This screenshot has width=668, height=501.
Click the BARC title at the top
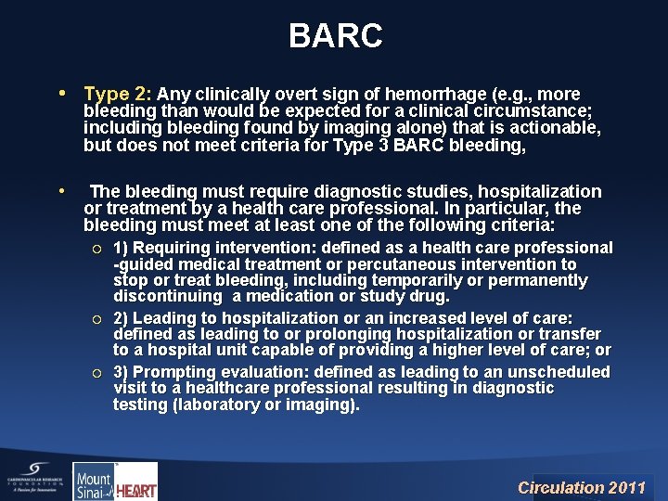335,36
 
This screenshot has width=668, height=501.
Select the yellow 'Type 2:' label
118,95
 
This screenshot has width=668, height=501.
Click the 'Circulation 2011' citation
581,487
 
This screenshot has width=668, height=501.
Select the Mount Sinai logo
93,482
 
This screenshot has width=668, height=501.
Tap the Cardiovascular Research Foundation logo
32,481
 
